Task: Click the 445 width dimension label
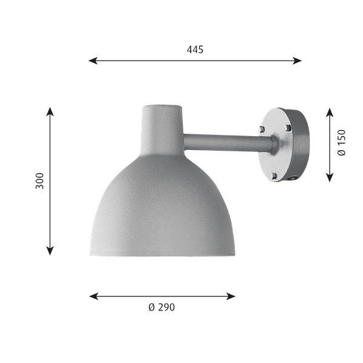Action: click(195, 50)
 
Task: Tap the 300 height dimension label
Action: click(40, 181)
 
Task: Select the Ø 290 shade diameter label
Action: click(162, 307)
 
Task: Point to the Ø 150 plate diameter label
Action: click(342, 145)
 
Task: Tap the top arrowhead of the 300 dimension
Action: click(51, 111)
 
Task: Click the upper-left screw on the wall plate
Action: click(261, 129)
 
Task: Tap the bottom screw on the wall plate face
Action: click(273, 175)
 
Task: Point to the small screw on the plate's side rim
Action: click(295, 178)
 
